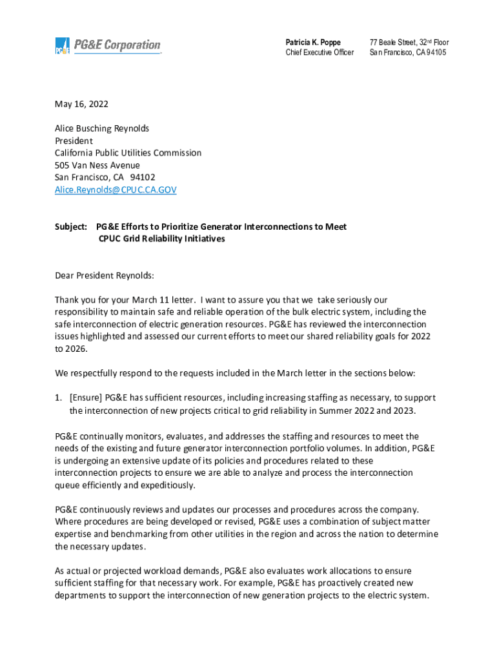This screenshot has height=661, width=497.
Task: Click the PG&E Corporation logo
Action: pyautogui.click(x=107, y=46)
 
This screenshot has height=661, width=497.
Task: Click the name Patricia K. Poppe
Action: pyautogui.click(x=313, y=42)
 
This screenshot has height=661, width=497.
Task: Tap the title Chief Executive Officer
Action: pyautogui.click(x=319, y=52)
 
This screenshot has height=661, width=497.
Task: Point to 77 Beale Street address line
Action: pyautogui.click(x=409, y=42)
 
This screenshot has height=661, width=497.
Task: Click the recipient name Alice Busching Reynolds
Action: pyautogui.click(x=102, y=128)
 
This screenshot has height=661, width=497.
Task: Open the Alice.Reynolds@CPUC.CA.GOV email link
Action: pyautogui.click(x=116, y=190)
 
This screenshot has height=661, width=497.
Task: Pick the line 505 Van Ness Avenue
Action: pyautogui.click(x=97, y=165)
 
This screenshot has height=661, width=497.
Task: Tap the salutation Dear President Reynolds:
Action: pyautogui.click(x=105, y=276)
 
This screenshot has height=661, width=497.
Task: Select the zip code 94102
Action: pyautogui.click(x=142, y=178)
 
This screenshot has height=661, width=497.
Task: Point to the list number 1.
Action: pyautogui.click(x=58, y=398)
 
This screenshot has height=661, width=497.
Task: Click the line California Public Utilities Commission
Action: pyautogui.click(x=128, y=153)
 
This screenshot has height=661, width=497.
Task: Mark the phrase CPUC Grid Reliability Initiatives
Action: pyautogui.click(x=161, y=239)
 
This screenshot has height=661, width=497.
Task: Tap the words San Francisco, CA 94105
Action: pyautogui.click(x=407, y=52)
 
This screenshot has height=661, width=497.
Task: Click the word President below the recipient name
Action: pyautogui.click(x=74, y=141)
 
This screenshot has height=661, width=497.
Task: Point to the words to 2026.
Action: pyautogui.click(x=70, y=349)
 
